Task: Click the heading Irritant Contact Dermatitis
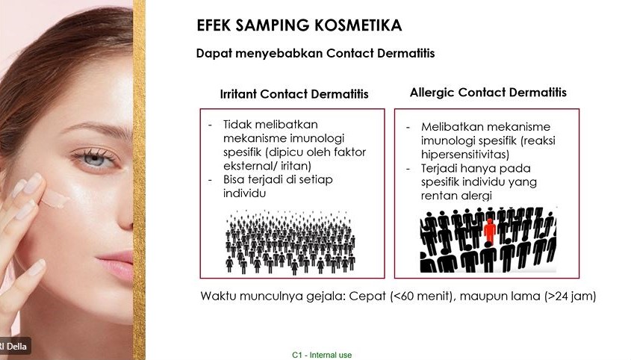pos(294,94)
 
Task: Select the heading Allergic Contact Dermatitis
pos(488,92)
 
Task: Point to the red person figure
pos(490,232)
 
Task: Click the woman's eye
pos(94,158)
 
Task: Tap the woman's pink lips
pos(117,264)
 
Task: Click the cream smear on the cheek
pos(55,199)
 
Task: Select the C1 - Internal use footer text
pos(322,355)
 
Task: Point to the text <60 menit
pos(421,296)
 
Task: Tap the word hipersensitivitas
pos(464,154)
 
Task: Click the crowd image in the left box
pos(290,242)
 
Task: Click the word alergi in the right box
pos(476,196)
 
